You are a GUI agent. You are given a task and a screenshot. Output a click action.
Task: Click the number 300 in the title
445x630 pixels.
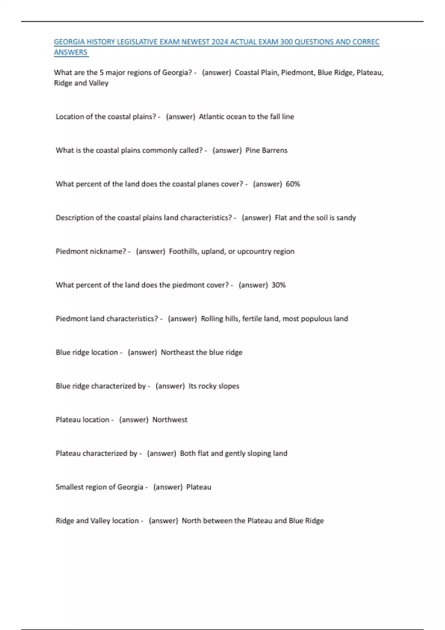[x=286, y=42]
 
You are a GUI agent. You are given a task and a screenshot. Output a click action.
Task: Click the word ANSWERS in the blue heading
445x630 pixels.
[x=70, y=52]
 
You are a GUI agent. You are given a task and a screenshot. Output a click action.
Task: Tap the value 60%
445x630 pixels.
[x=293, y=184]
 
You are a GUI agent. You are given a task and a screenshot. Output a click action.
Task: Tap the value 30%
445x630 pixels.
[x=278, y=285]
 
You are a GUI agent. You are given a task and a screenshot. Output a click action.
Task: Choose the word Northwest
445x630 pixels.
[x=170, y=420]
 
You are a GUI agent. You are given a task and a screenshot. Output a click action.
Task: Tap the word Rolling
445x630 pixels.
[x=212, y=319]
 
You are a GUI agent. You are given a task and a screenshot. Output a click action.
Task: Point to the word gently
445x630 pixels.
[x=235, y=453]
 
